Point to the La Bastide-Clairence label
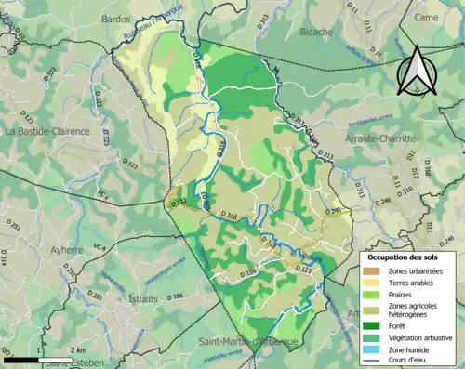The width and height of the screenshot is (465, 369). coord(47,131)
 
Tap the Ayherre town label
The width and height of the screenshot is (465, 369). coord(66,250)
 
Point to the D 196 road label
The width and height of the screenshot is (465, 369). coord(175,297)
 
